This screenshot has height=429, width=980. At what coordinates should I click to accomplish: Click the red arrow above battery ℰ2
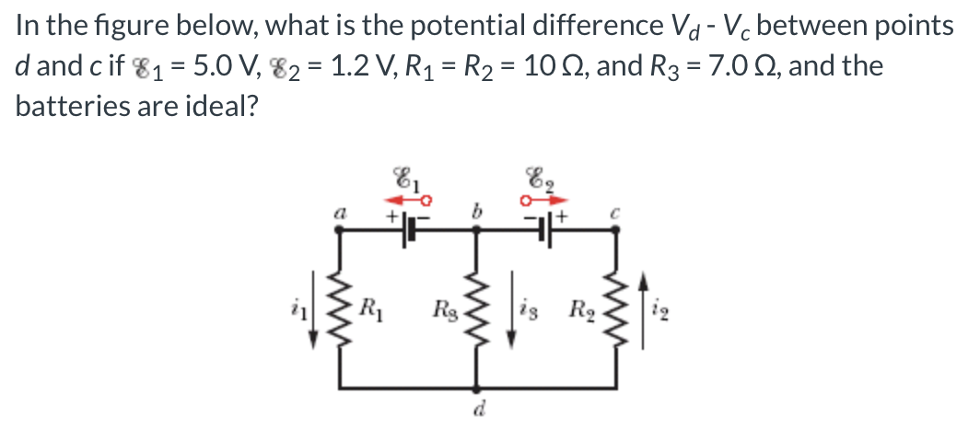544,198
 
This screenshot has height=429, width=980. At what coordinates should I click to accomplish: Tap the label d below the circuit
477,410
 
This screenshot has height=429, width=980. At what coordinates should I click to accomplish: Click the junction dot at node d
477,388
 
